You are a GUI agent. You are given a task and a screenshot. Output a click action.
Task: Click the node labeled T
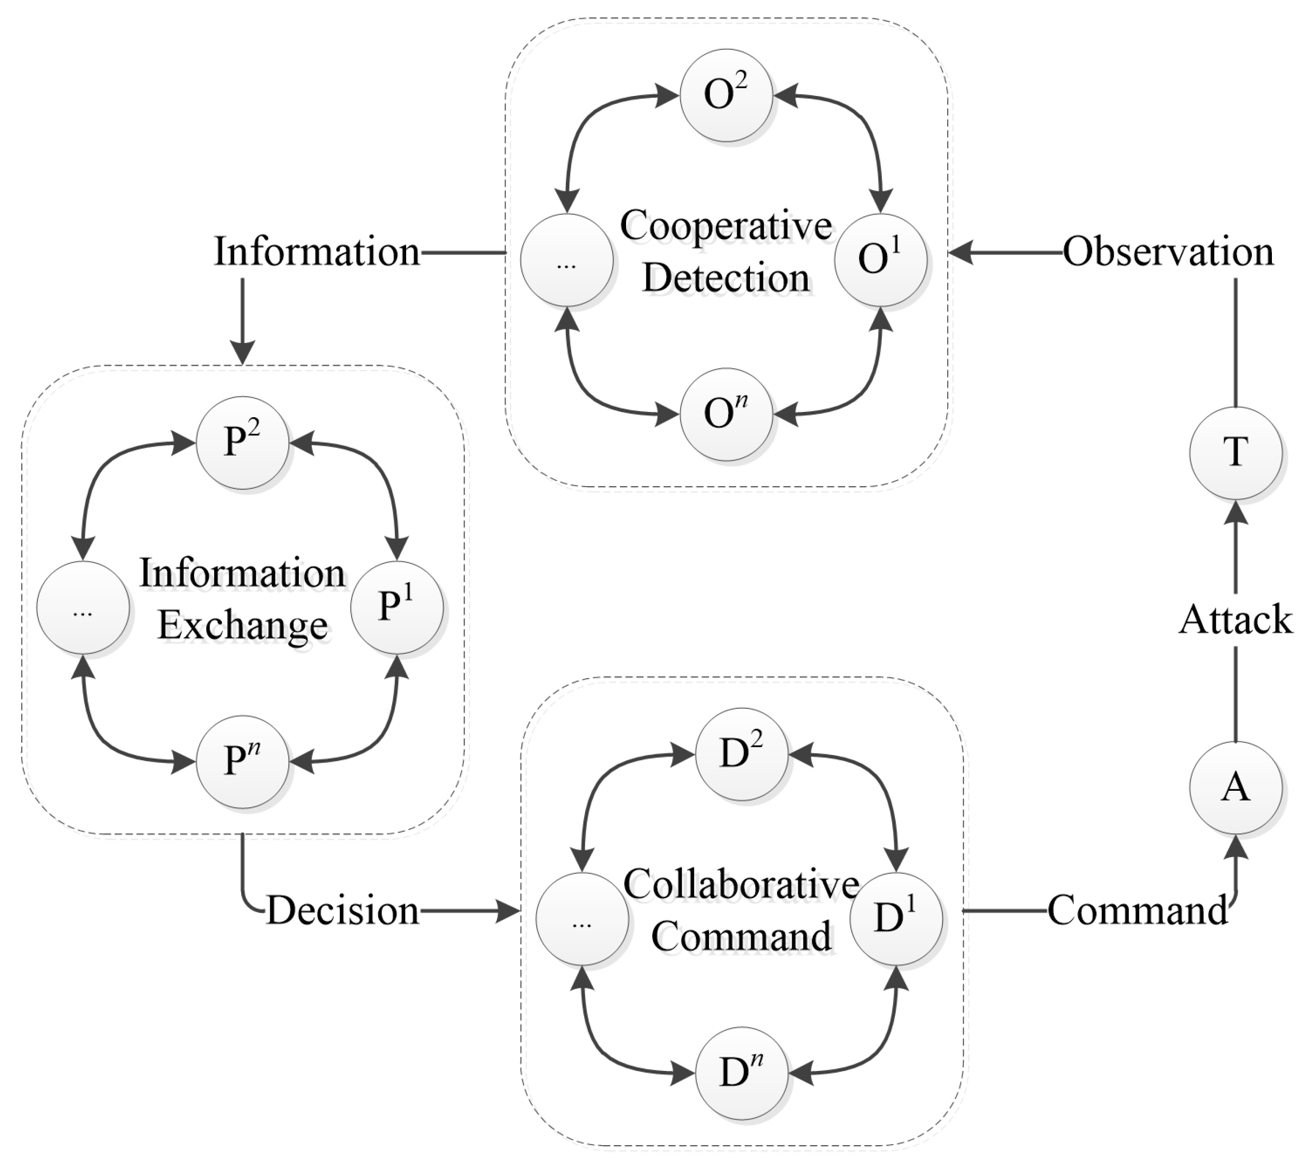[x=1235, y=453]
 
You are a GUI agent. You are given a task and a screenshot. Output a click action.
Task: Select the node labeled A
[x=1235, y=787]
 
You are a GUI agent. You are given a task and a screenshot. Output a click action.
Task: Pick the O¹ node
[x=880, y=259]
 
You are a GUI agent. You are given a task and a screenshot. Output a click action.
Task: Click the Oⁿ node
[x=726, y=414]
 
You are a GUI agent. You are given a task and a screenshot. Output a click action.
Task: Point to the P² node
[x=242, y=443]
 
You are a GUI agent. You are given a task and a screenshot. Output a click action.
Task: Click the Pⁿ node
[x=242, y=761]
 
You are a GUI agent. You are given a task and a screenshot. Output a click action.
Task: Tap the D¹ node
[x=896, y=918]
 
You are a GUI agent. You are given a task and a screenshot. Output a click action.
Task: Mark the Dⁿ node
[x=742, y=1073]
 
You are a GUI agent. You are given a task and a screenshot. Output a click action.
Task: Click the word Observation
[x=1168, y=252]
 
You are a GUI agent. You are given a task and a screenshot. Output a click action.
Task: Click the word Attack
[x=1235, y=620]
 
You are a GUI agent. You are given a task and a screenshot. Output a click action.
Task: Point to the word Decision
[x=342, y=911]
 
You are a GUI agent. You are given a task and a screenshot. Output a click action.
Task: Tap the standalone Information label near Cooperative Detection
[x=317, y=252]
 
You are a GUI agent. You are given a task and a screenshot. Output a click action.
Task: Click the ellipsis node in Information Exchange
[x=83, y=608]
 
